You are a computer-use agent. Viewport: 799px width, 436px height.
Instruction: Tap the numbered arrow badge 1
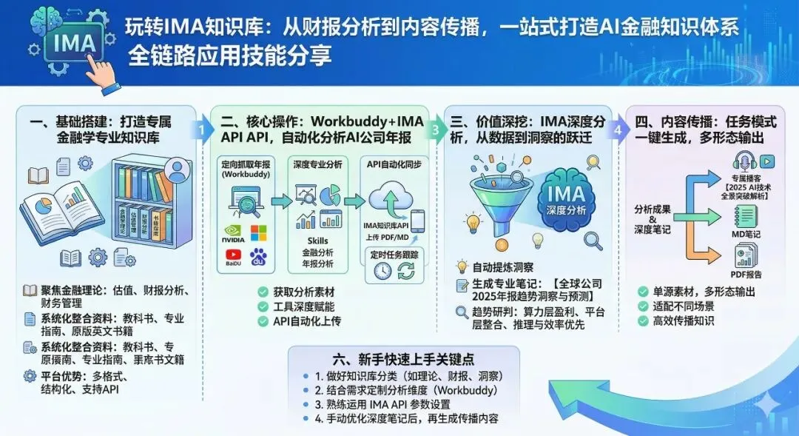[200, 130]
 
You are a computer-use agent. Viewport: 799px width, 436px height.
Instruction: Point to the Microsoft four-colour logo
[259, 234]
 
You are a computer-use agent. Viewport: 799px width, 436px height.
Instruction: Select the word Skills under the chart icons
[317, 241]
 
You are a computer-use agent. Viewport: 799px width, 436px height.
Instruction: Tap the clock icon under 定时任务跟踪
[382, 271]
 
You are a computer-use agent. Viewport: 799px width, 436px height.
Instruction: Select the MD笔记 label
[748, 234]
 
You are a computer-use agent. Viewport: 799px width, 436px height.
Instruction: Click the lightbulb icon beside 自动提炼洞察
[462, 266]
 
